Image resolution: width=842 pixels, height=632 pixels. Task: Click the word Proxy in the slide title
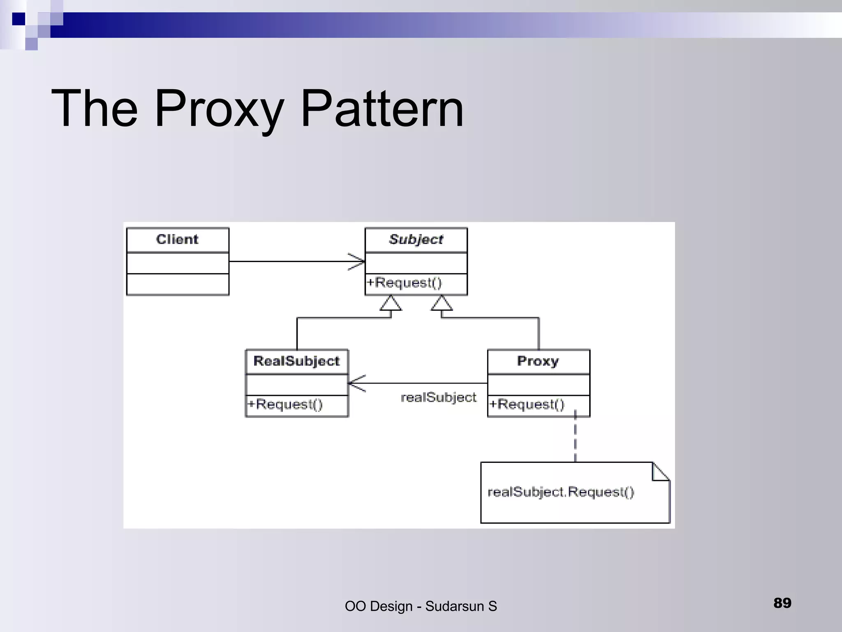(x=219, y=109)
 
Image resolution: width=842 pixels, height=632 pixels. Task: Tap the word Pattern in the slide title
(x=382, y=109)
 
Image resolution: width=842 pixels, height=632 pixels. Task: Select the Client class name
(x=177, y=239)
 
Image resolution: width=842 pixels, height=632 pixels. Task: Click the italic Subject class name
(x=416, y=239)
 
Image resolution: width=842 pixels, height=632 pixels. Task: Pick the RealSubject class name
(x=296, y=361)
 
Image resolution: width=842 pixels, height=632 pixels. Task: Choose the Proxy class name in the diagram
(x=538, y=361)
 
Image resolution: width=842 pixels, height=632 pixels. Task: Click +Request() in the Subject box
(x=404, y=283)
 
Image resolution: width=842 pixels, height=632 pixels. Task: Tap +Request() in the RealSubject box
(x=285, y=404)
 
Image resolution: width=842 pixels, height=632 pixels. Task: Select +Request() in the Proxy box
(x=527, y=404)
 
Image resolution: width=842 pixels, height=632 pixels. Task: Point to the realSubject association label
(x=438, y=397)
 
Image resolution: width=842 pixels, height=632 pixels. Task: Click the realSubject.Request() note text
(x=561, y=492)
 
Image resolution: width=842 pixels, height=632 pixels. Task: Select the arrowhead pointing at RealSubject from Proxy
(x=356, y=383)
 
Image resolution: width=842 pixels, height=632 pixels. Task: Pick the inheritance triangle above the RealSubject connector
(x=391, y=304)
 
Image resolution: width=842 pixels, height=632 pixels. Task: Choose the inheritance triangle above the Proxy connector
(x=442, y=304)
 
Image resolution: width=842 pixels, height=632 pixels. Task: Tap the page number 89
(x=782, y=603)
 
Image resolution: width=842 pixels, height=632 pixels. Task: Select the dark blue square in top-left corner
(x=19, y=19)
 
